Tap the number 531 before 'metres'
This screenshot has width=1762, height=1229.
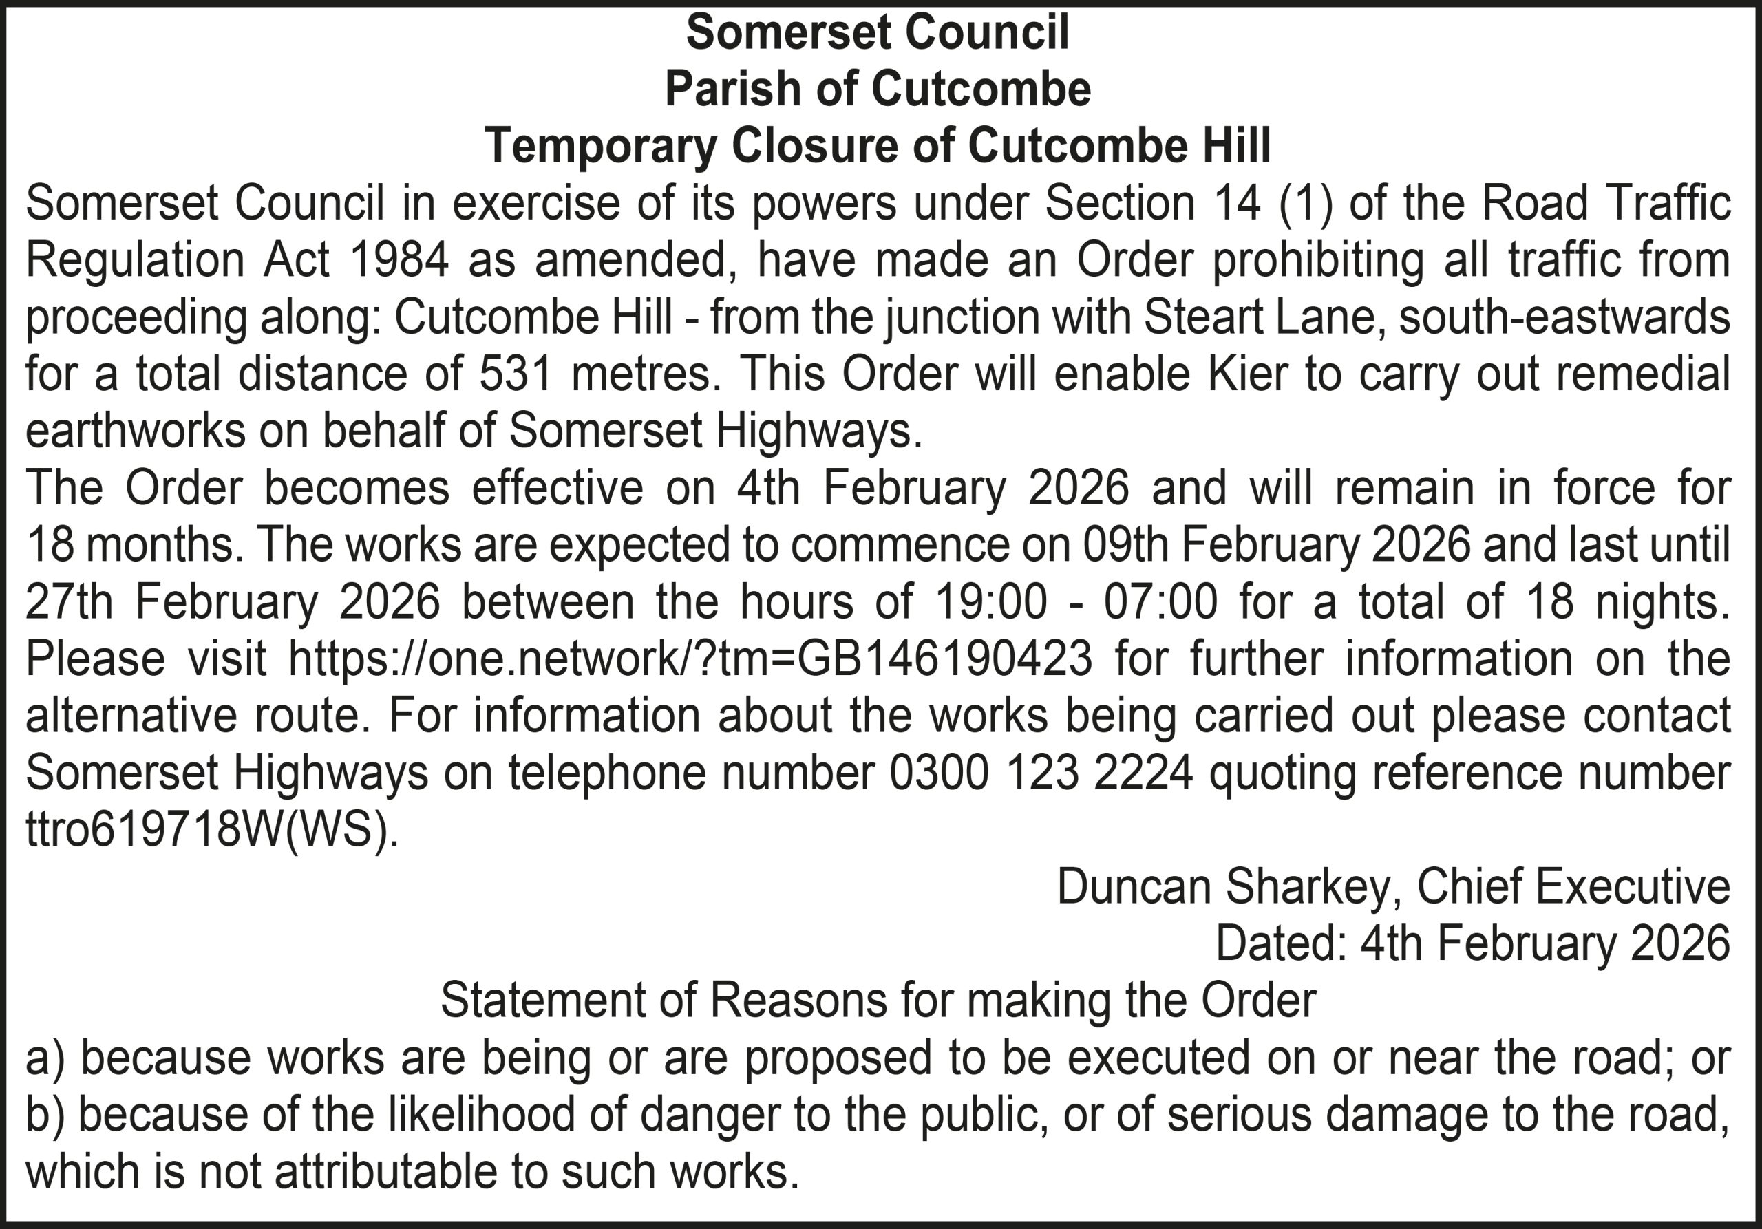[516, 374]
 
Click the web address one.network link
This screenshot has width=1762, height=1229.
[690, 659]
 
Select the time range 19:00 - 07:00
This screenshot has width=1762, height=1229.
[1076, 601]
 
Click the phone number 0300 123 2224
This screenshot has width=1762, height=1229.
[1041, 773]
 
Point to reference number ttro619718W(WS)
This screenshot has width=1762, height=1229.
[213, 829]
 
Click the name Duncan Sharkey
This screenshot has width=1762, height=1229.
[1223, 886]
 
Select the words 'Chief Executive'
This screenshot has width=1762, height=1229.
[1573, 886]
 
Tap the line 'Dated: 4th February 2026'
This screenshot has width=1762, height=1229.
[1473, 943]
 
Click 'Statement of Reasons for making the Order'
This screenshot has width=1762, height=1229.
[878, 1000]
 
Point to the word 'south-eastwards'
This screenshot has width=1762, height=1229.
[1564, 317]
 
